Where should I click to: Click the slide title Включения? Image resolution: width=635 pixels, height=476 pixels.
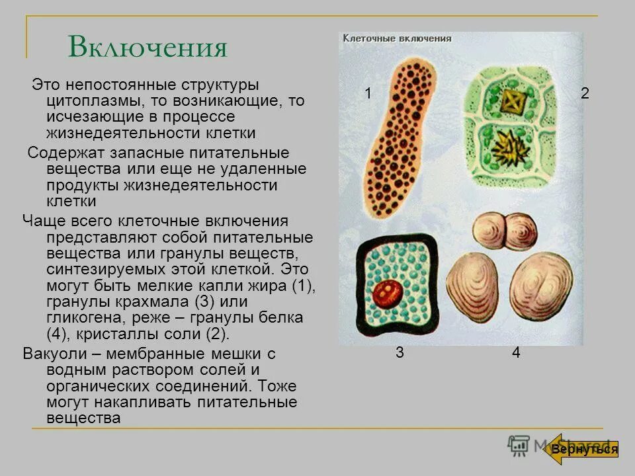point(148,48)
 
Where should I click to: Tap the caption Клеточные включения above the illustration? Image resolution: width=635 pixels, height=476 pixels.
point(397,38)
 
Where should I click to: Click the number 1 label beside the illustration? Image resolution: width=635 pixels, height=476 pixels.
point(368,94)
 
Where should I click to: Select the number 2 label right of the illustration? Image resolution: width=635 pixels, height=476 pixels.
point(585,94)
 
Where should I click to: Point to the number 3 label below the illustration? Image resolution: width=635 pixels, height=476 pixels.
point(400,352)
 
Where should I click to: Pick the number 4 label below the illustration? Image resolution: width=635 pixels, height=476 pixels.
point(516,353)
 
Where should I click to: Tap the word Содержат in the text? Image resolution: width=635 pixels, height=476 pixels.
point(61,153)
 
